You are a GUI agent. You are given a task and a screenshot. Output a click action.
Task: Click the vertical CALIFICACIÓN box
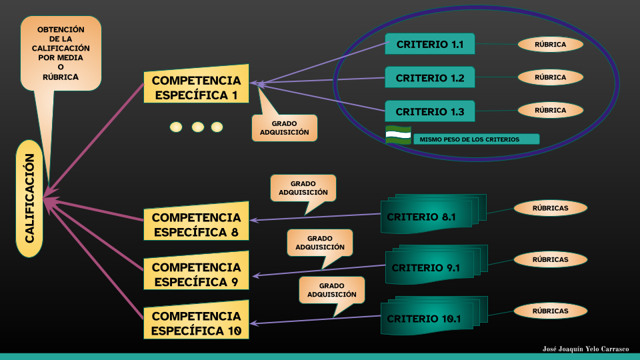pos(29,199)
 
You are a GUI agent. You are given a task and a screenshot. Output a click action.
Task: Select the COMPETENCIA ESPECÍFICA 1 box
pos(196,87)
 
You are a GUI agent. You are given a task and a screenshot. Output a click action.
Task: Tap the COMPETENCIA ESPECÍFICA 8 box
pos(196,225)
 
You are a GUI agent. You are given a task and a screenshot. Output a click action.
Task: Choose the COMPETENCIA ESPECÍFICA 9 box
pos(196,274)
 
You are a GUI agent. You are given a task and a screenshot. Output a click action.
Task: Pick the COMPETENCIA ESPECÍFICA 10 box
pos(196,323)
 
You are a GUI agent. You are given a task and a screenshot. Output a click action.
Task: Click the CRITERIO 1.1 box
pos(429,45)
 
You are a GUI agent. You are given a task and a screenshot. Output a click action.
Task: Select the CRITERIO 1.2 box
pos(429,78)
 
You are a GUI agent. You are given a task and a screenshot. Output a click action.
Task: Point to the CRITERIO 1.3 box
pos(429,111)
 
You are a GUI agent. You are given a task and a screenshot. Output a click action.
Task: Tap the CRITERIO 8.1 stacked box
pos(427,217)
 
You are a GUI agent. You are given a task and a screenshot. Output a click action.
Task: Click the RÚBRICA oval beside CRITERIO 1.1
pos(551,45)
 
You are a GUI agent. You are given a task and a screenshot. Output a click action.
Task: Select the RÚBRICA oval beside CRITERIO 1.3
pos(551,110)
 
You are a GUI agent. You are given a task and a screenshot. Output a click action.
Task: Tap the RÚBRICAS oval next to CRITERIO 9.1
pos(551,259)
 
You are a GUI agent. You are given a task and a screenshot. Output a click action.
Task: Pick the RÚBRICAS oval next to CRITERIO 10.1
pos(551,311)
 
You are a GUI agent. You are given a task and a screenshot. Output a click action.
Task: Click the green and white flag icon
pos(398,135)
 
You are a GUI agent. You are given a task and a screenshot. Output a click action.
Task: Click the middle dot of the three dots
pos(197,127)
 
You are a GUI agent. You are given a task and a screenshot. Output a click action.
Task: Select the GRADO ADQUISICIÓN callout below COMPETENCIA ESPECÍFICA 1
pos(285,128)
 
